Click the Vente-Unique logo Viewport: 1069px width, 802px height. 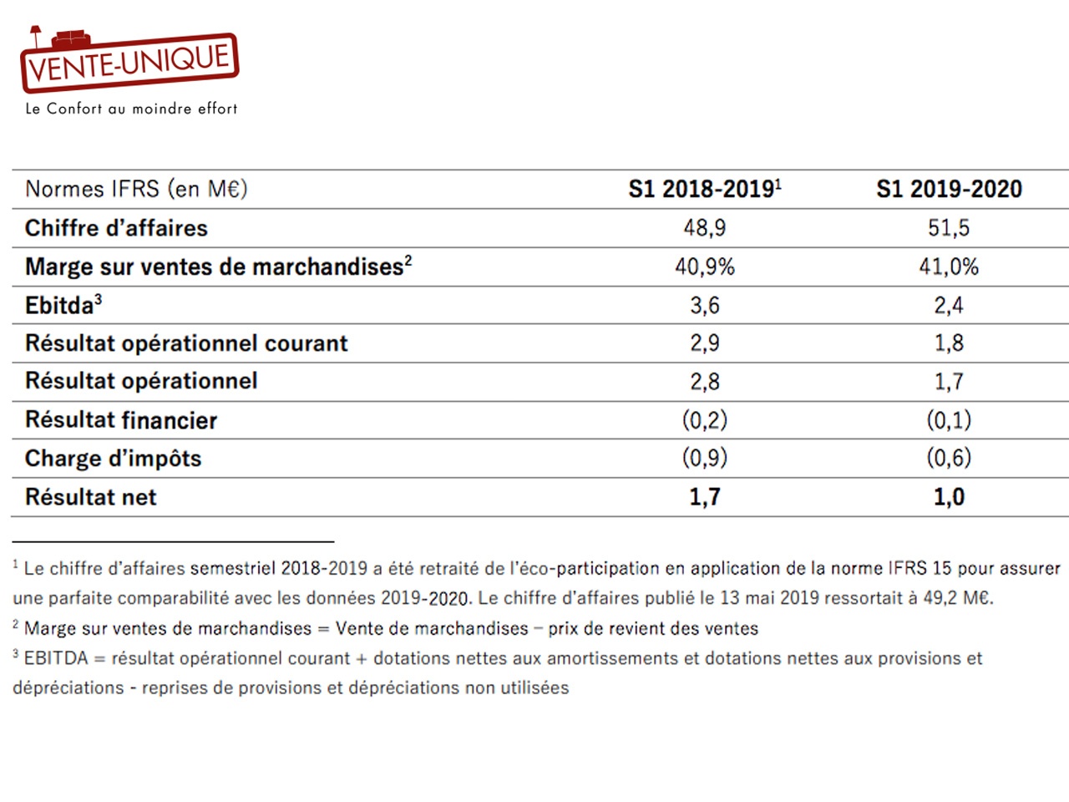pyautogui.click(x=129, y=59)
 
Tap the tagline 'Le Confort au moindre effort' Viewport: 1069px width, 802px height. pyautogui.click(x=131, y=108)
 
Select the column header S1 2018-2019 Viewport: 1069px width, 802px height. pyautogui.click(x=705, y=189)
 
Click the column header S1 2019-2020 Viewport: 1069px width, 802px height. pyautogui.click(x=950, y=189)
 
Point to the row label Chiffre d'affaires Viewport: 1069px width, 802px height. pyautogui.click(x=116, y=228)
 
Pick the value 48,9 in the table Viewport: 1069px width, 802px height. pyautogui.click(x=705, y=228)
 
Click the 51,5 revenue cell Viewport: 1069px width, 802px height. pyautogui.click(x=949, y=228)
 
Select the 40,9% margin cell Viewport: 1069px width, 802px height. pyautogui.click(x=705, y=266)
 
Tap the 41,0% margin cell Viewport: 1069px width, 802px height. pyautogui.click(x=949, y=266)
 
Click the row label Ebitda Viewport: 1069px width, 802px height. pyautogui.click(x=63, y=305)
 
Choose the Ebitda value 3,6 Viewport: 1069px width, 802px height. pyautogui.click(x=705, y=305)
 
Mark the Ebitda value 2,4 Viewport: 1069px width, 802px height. pyautogui.click(x=949, y=305)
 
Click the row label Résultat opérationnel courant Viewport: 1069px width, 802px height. pyautogui.click(x=186, y=343)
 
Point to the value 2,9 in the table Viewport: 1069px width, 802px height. pyautogui.click(x=705, y=343)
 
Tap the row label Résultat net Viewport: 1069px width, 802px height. pyautogui.click(x=91, y=497)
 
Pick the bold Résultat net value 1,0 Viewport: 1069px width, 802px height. pyautogui.click(x=950, y=497)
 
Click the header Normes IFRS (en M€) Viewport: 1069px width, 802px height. pyautogui.click(x=136, y=189)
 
